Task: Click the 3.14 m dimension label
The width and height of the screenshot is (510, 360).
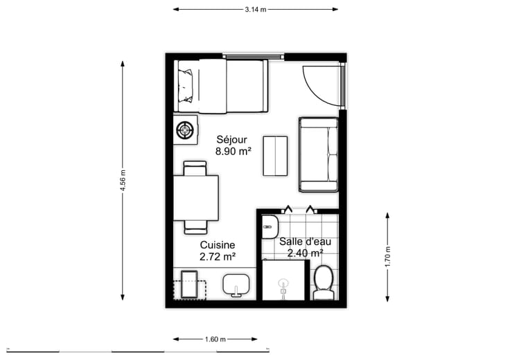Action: click(x=256, y=10)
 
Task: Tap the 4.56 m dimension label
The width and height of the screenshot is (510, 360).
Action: click(x=123, y=180)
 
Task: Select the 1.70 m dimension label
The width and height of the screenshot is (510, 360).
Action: click(x=388, y=257)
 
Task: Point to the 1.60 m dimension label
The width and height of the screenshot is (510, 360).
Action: click(x=215, y=339)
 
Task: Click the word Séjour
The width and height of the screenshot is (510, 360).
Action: click(x=232, y=140)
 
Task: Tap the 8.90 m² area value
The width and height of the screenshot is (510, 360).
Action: click(x=234, y=151)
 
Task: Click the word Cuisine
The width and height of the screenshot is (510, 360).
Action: click(x=218, y=245)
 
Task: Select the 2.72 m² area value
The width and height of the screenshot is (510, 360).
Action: click(x=218, y=257)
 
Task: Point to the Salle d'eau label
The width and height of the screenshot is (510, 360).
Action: click(x=305, y=242)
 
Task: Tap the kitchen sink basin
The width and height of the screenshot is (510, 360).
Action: click(x=236, y=284)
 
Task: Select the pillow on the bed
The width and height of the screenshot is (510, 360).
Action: click(x=186, y=85)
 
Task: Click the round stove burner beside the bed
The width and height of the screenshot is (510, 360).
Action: click(x=185, y=130)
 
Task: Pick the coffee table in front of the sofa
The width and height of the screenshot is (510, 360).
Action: click(x=275, y=156)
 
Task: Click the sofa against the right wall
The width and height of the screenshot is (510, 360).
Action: click(x=319, y=154)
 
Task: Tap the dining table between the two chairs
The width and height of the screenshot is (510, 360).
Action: click(x=196, y=198)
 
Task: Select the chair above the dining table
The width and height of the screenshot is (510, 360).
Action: click(x=195, y=168)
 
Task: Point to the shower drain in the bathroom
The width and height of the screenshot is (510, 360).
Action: click(x=283, y=285)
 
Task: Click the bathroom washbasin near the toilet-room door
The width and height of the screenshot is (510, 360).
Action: click(x=270, y=226)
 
